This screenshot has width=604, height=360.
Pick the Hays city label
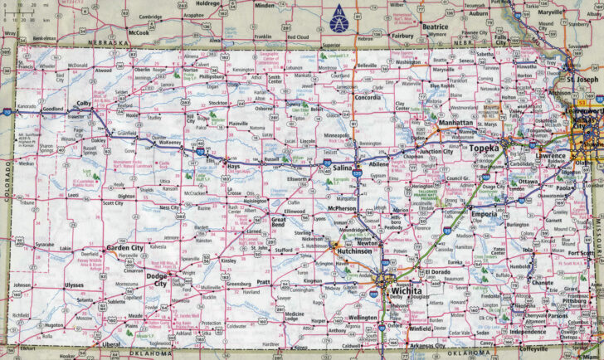[233, 167]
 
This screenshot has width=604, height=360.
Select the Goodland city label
[53, 109]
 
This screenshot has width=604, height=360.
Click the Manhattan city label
[455, 122]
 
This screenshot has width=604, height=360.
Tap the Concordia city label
[368, 97]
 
